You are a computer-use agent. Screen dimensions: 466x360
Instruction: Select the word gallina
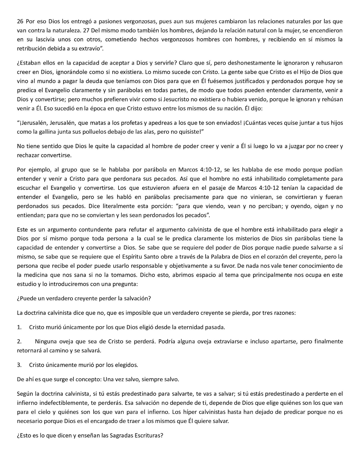[41, 132]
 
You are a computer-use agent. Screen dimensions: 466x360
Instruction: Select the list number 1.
[19, 327]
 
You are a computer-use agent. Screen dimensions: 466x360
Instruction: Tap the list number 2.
[19, 341]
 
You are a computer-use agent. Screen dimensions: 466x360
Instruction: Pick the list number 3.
[19, 365]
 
